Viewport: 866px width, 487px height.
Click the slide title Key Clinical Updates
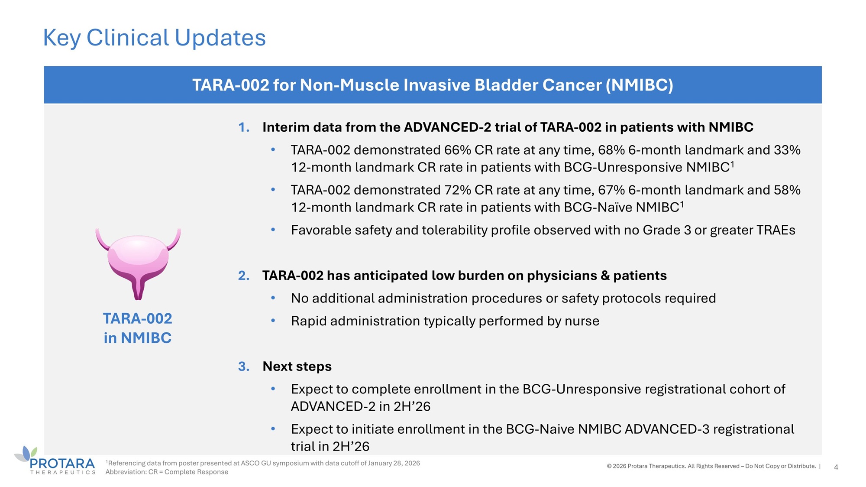tap(154, 38)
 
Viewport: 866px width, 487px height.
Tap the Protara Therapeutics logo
tap(55, 461)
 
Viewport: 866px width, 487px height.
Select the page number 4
tap(836, 467)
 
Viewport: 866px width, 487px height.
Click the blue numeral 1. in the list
tap(244, 127)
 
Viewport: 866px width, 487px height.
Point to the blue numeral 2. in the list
tap(244, 276)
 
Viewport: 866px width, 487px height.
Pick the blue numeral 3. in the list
tap(244, 367)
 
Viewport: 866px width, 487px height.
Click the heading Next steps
tap(297, 367)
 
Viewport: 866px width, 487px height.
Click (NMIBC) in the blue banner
tap(640, 85)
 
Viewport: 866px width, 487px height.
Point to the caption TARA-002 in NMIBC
tap(138, 328)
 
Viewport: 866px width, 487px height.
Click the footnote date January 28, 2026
tap(394, 463)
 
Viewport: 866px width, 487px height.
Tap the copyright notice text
tap(711, 466)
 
